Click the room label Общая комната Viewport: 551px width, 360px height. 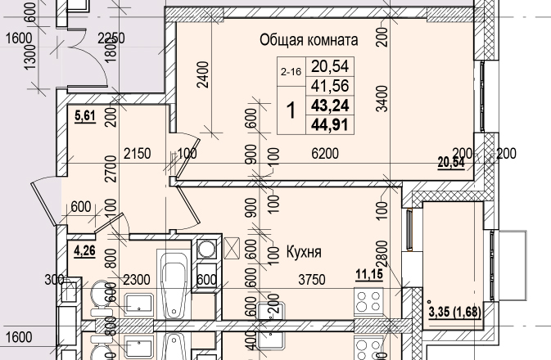[x=309, y=39]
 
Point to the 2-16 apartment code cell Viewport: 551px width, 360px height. [x=291, y=72]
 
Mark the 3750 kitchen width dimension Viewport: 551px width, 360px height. [x=311, y=280]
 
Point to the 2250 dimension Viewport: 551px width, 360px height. [x=111, y=38]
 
